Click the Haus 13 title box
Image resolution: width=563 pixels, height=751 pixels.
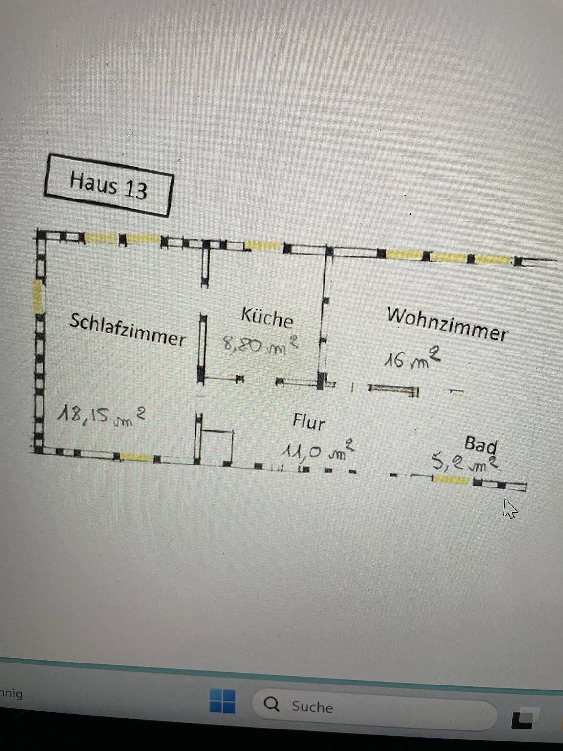(x=108, y=185)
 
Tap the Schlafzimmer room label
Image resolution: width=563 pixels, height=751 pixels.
(x=128, y=330)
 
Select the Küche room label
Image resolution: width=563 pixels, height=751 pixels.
(x=267, y=318)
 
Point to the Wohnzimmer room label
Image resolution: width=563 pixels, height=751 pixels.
(x=448, y=324)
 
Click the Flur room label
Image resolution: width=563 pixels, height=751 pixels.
(x=309, y=421)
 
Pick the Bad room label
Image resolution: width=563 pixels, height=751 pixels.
(x=480, y=444)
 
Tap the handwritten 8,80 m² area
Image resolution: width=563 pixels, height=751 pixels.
(x=260, y=345)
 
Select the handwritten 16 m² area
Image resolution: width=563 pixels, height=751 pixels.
(x=412, y=358)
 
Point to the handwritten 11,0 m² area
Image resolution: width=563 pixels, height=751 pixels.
(x=317, y=451)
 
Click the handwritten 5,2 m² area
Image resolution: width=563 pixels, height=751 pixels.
(x=466, y=462)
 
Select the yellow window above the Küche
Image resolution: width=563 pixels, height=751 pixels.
(x=262, y=245)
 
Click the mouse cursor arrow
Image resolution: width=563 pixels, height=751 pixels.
(x=510, y=508)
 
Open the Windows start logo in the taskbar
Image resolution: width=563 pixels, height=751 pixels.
(x=222, y=701)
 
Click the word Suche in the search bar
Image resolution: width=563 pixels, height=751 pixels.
(x=312, y=707)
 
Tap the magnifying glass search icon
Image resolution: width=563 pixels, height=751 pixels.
(x=272, y=705)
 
